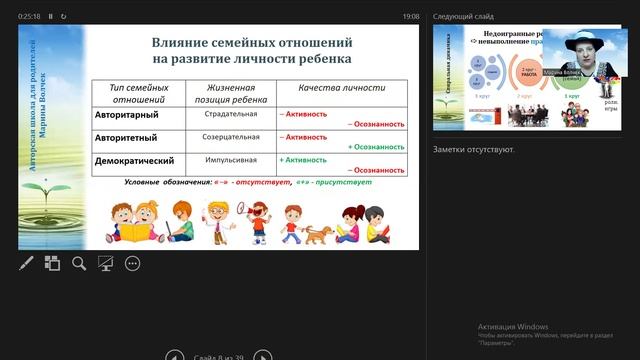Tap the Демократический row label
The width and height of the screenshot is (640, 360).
[135, 160]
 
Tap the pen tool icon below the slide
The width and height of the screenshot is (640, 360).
[27, 263]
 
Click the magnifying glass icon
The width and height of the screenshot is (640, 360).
[79, 263]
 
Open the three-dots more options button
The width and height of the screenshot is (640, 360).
[132, 263]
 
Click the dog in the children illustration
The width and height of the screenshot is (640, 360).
[317, 234]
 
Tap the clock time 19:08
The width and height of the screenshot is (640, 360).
[411, 17]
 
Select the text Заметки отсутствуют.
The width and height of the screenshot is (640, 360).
[474, 150]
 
